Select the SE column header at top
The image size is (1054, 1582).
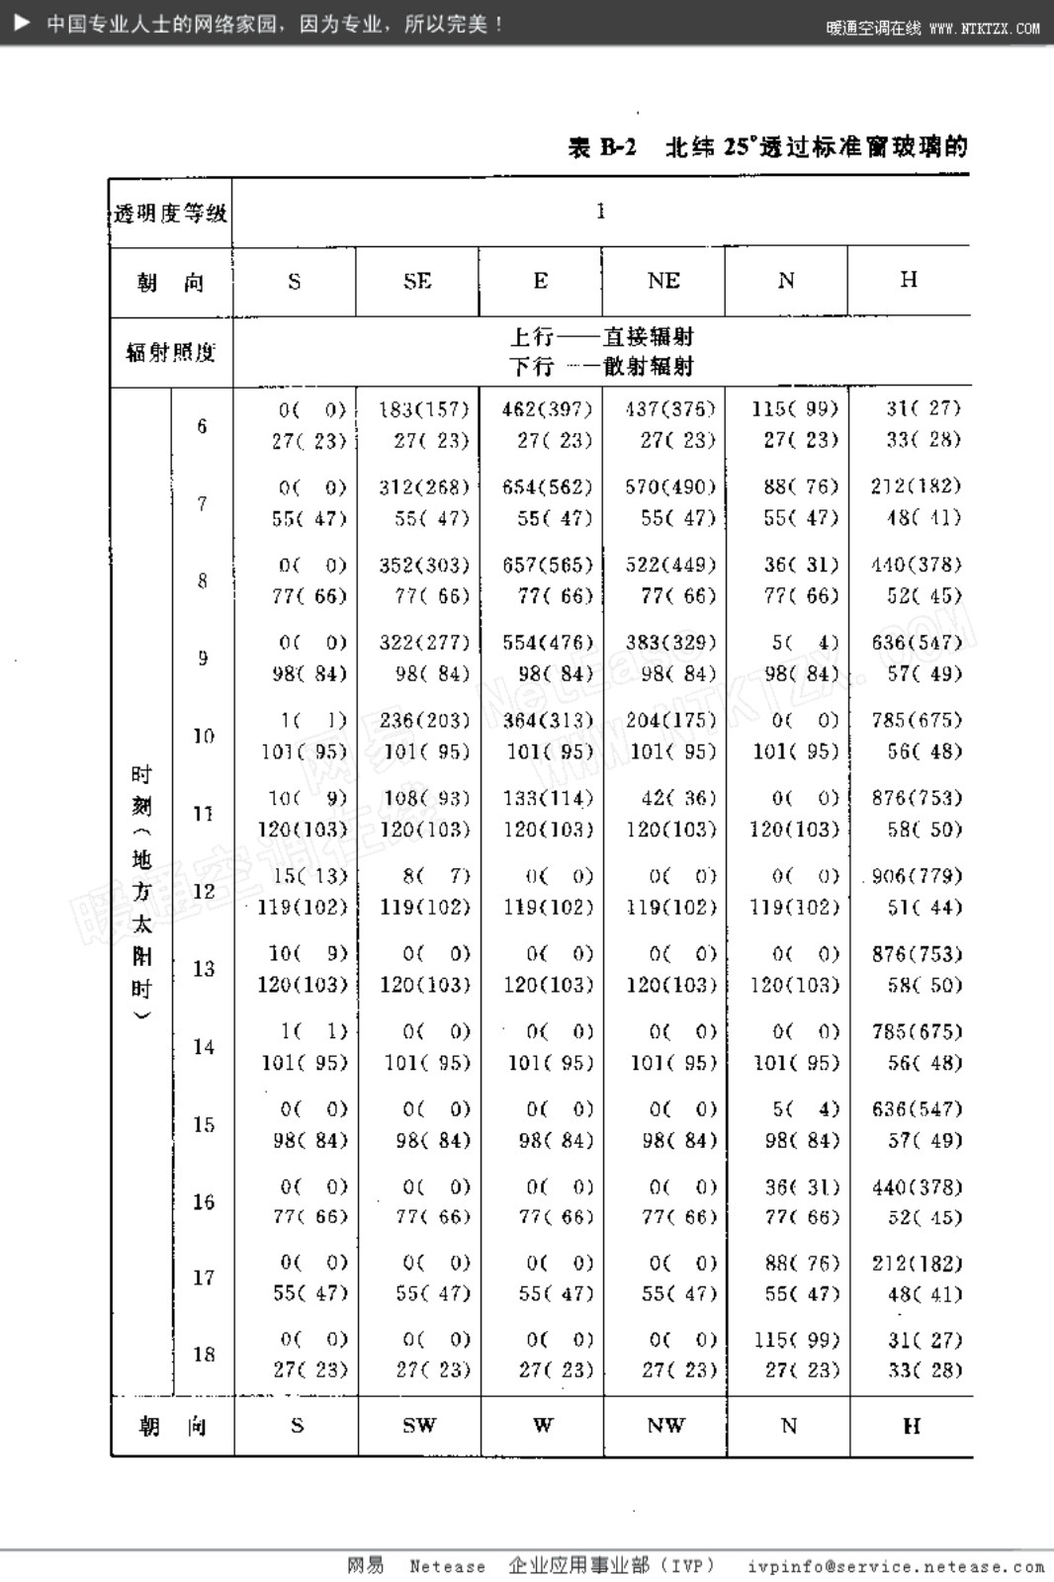pyautogui.click(x=417, y=281)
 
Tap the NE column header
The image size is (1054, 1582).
pyautogui.click(x=663, y=281)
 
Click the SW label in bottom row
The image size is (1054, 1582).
pyautogui.click(x=419, y=1425)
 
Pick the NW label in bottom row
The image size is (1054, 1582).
pyautogui.click(x=665, y=1425)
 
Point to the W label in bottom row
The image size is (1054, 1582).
pyautogui.click(x=543, y=1425)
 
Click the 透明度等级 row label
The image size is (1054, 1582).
pyautogui.click(x=170, y=213)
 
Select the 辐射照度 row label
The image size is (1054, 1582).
pyautogui.click(x=170, y=352)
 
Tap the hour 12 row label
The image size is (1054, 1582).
pyautogui.click(x=203, y=891)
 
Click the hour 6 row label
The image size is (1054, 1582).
pyautogui.click(x=202, y=426)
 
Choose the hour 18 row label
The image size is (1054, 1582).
pyautogui.click(x=204, y=1354)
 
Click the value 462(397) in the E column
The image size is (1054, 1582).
pyautogui.click(x=547, y=408)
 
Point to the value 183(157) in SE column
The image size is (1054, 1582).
pyautogui.click(x=424, y=408)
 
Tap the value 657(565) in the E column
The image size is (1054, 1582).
pyautogui.click(x=547, y=565)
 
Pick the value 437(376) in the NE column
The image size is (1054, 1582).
pyautogui.click(x=670, y=408)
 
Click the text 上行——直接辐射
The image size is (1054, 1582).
pyautogui.click(x=601, y=336)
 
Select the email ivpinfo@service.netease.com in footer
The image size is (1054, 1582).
pyautogui.click(x=896, y=1566)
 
